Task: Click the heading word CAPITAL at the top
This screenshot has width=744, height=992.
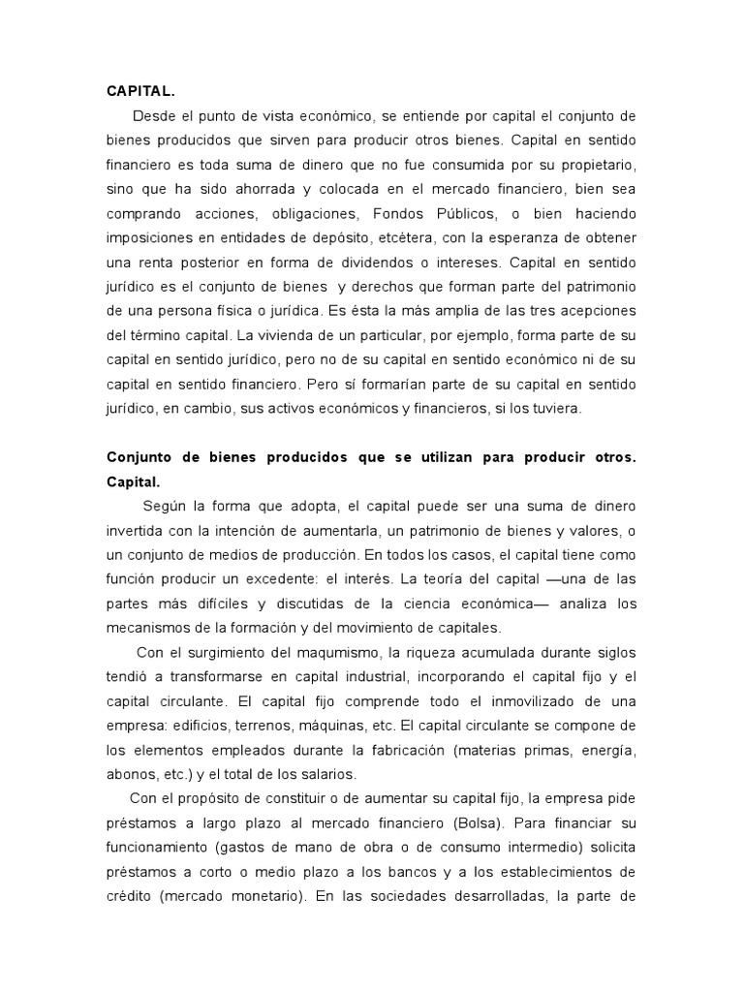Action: pyautogui.click(x=138, y=91)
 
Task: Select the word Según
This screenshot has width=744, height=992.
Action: pyautogui.click(x=163, y=506)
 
